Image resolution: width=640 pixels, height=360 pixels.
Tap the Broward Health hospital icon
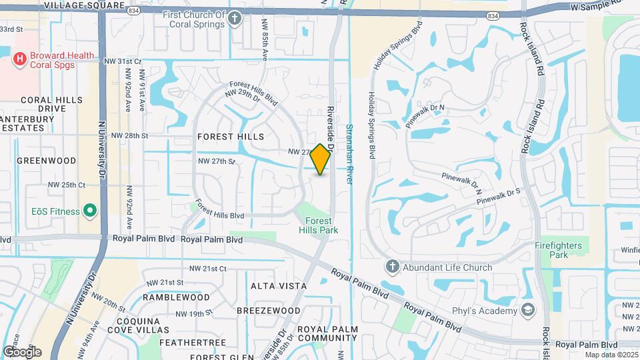tap(19, 59)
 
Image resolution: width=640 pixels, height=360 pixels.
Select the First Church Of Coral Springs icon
tap(235, 19)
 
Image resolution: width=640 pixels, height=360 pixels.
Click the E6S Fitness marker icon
tap(91, 211)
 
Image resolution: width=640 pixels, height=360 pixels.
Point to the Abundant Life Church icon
tap(392, 267)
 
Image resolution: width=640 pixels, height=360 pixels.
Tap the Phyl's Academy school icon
tap(529, 309)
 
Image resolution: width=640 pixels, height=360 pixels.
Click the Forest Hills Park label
tap(321, 225)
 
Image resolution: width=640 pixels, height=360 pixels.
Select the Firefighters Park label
tap(559, 250)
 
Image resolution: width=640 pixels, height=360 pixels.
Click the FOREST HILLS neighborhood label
tap(231, 136)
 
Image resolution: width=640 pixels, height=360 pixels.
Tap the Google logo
tap(22, 351)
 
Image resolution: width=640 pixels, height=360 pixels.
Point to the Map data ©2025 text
tap(611, 355)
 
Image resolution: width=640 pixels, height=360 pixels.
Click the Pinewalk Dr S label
tap(499, 195)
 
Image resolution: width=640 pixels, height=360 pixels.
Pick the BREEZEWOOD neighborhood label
tap(269, 311)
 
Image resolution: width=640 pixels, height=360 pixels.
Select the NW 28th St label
tap(129, 135)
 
